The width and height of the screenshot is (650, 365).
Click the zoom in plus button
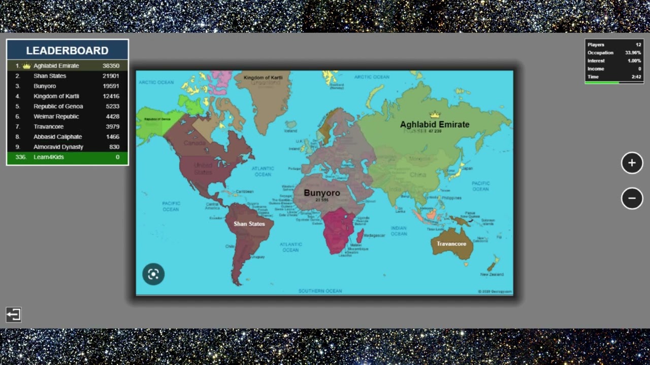click(632, 163)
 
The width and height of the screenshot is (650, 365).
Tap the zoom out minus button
click(632, 198)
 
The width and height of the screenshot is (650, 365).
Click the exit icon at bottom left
click(14, 315)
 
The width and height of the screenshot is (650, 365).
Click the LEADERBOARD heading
click(67, 50)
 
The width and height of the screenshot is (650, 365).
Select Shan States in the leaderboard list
click(50, 76)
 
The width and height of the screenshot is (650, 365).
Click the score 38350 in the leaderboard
click(111, 65)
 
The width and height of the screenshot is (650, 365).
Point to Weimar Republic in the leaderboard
click(56, 116)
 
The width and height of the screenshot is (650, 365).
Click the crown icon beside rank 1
click(26, 65)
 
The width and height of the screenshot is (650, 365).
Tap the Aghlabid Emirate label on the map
click(434, 124)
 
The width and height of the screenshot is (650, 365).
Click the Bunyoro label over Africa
click(322, 193)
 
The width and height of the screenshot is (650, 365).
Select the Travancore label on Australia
click(451, 244)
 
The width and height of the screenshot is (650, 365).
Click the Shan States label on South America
click(249, 224)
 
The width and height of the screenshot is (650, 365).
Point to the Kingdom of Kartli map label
click(263, 78)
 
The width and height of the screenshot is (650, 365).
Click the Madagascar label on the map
click(374, 235)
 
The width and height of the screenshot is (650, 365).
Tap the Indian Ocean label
click(399, 231)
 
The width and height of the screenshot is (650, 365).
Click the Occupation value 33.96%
click(633, 53)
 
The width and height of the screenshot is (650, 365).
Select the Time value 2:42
click(636, 77)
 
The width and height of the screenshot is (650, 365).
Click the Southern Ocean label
click(320, 291)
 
